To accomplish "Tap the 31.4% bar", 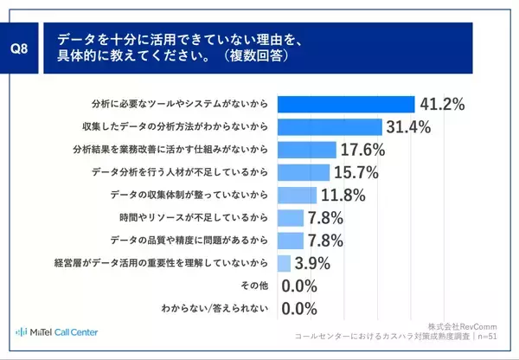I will tap(330, 126).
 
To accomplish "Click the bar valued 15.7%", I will tap(304, 171).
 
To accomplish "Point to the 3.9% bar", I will tap(284, 262).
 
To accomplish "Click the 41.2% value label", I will tap(442, 104).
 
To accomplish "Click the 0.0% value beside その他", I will tap(300, 285).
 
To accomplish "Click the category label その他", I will tap(256, 285).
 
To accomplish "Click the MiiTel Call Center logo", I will tap(57, 332).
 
